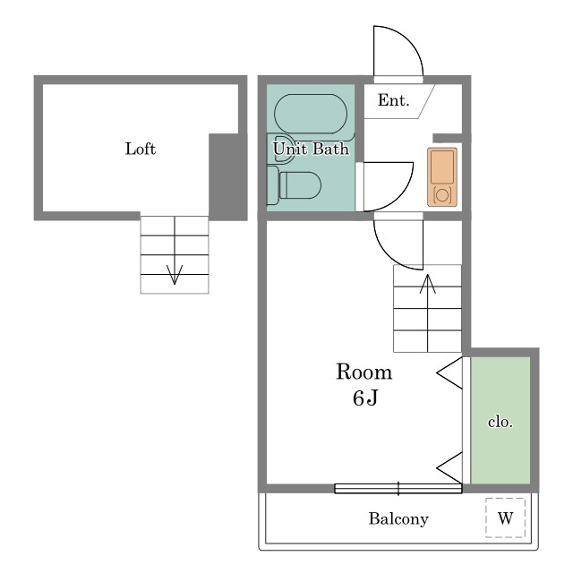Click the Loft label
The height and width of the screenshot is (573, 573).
[141, 149]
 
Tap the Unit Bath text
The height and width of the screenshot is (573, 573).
[311, 149]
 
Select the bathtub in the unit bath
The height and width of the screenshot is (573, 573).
[311, 114]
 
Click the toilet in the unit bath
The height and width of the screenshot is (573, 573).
[295, 185]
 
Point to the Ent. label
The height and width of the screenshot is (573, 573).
[394, 100]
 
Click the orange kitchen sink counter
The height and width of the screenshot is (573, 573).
[442, 177]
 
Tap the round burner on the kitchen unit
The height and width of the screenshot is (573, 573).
[442, 195]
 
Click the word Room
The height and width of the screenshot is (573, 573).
[364, 372]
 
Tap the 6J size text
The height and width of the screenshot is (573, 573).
[365, 398]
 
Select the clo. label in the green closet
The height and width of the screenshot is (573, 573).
[500, 422]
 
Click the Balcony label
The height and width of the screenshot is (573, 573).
[398, 519]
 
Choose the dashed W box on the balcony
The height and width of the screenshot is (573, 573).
[505, 517]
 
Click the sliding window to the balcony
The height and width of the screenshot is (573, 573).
[398, 489]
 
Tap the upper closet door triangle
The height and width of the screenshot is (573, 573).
[449, 373]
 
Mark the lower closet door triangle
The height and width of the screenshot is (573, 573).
[449, 467]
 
